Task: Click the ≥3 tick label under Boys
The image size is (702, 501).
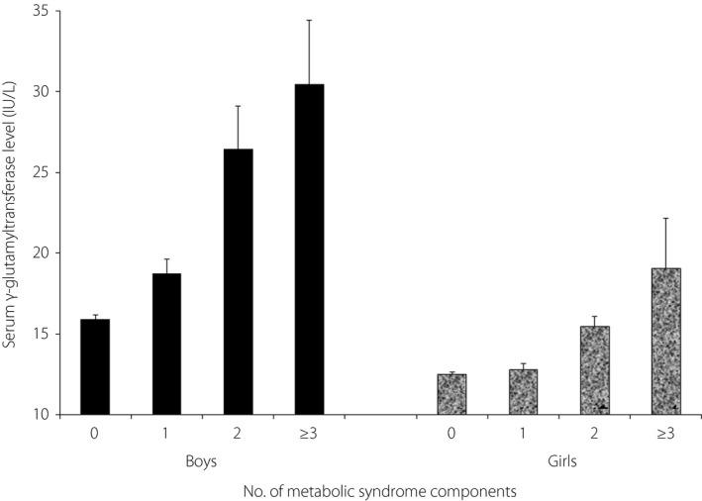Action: [x=310, y=433]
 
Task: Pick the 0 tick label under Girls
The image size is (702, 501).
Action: [x=451, y=433]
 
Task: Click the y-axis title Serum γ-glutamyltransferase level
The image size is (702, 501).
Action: [x=14, y=213]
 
